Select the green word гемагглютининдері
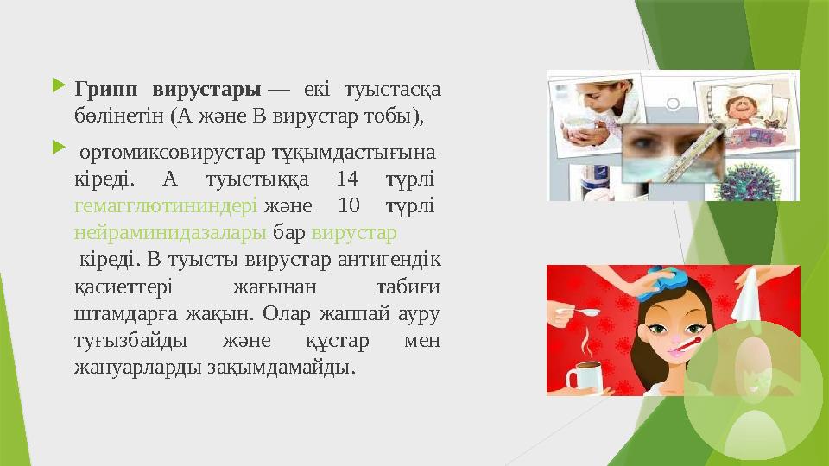(x=165, y=208)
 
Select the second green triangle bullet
(x=58, y=153)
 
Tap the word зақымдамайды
(x=282, y=367)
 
